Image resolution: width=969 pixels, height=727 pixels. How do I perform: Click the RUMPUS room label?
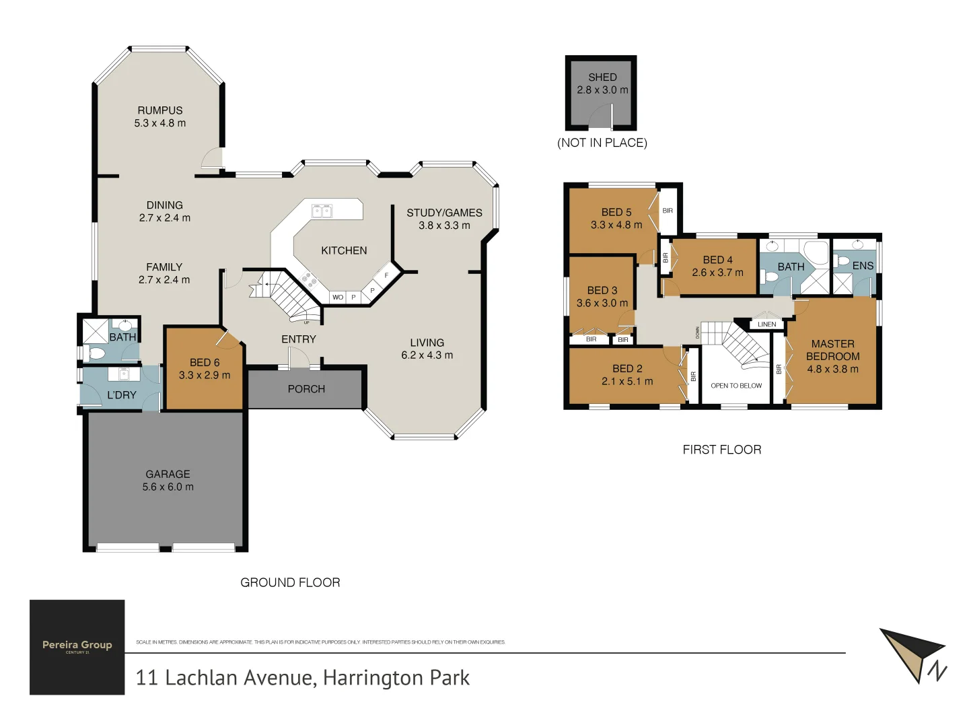(x=160, y=110)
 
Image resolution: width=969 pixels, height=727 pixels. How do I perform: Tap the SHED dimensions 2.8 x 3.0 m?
(x=602, y=90)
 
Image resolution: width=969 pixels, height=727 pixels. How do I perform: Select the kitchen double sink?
(x=322, y=211)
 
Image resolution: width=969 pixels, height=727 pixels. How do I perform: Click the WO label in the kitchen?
(x=338, y=297)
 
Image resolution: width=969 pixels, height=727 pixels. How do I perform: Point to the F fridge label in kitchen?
(x=386, y=275)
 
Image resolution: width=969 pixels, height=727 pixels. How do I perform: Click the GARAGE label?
(x=168, y=474)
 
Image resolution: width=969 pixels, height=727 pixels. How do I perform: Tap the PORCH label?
(x=306, y=389)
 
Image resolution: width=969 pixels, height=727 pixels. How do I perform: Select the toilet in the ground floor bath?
(x=95, y=353)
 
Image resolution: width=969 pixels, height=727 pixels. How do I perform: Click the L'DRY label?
(x=122, y=395)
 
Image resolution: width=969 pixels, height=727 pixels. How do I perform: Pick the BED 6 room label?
(x=205, y=362)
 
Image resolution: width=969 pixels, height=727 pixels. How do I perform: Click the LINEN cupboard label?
(x=766, y=324)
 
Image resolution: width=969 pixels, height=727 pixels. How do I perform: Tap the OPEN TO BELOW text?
(x=736, y=386)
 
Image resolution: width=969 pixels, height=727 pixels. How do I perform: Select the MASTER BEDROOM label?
(x=832, y=350)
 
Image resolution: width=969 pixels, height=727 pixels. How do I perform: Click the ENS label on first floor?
(x=863, y=266)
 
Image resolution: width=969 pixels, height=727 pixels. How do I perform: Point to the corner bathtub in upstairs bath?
(x=816, y=253)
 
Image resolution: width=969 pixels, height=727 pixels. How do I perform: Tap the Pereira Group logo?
(x=77, y=647)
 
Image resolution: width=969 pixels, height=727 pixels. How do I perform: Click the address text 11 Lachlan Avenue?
(x=302, y=677)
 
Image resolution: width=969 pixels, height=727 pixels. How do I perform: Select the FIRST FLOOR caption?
(x=722, y=450)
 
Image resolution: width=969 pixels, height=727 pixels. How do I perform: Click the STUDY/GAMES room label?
(x=444, y=213)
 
